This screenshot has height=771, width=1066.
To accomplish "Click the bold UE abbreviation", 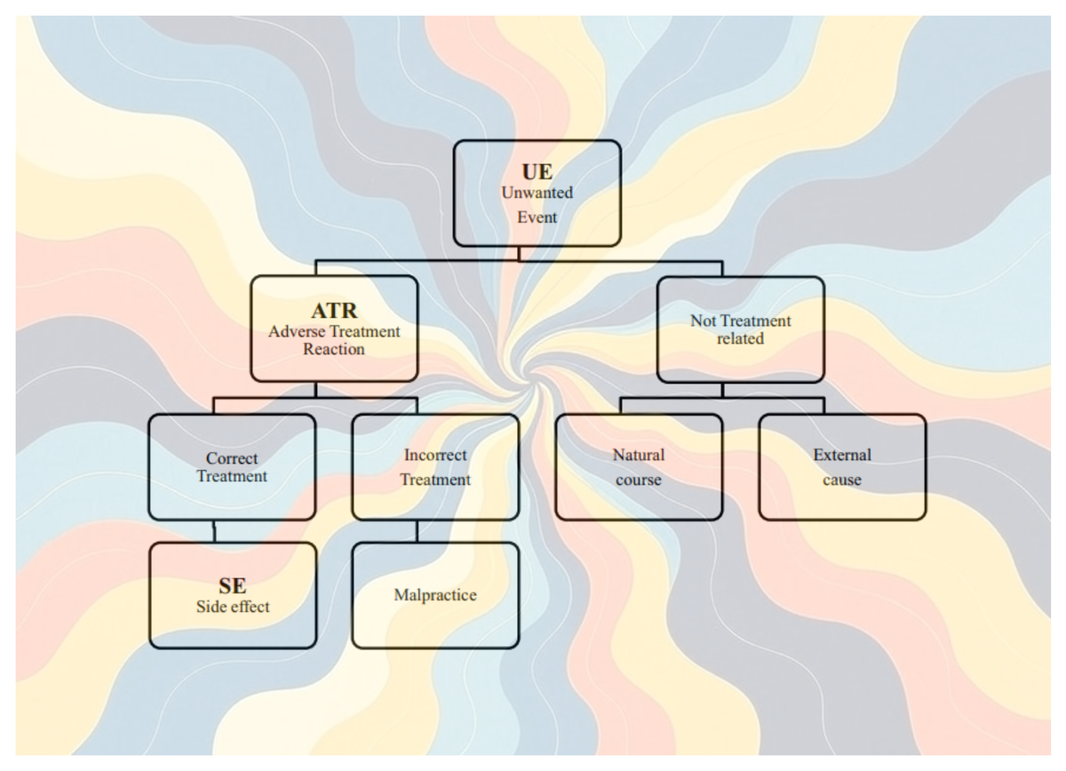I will [x=537, y=171].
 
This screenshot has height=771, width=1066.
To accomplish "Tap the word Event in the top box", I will [x=537, y=217].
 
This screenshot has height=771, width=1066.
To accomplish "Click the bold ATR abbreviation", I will [x=334, y=311].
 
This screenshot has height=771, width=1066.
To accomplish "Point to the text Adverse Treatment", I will [x=334, y=331].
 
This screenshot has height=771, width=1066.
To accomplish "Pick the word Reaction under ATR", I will [x=334, y=349].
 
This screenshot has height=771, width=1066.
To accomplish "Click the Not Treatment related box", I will [x=740, y=330].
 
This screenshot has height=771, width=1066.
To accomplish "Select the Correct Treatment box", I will [x=232, y=467].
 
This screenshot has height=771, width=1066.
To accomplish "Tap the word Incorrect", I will [x=435, y=455].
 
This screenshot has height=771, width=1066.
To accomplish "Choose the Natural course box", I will [x=638, y=467].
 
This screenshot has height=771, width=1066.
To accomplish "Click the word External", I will [x=842, y=455].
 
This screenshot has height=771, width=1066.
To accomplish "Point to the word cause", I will [x=841, y=480].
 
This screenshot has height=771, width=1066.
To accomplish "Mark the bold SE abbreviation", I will [x=232, y=586].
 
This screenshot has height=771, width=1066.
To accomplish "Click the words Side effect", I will [x=232, y=608].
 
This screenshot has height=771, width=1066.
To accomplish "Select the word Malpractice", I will [x=435, y=595].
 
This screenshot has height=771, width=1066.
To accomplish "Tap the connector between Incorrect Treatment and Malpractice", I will [x=417, y=531].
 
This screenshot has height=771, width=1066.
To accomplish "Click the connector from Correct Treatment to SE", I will [x=214, y=531].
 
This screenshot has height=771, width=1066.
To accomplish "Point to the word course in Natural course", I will [x=638, y=480].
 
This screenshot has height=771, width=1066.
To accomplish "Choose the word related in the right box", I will [x=740, y=338].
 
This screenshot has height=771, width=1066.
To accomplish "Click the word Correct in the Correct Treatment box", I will [x=232, y=458].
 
